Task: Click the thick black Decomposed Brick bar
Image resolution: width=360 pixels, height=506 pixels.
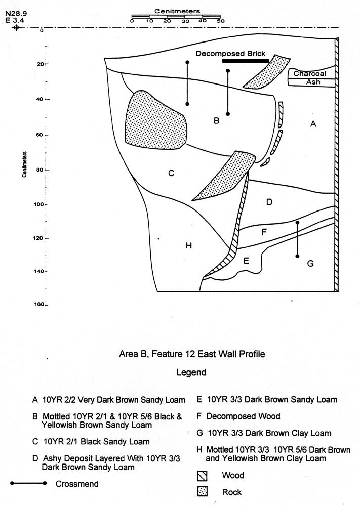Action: pos(246,61)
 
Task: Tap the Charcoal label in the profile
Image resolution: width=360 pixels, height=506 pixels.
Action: pos(310,74)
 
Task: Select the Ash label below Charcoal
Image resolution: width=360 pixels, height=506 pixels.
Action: pos(313,81)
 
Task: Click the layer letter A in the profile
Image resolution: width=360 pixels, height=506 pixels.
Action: pos(313,123)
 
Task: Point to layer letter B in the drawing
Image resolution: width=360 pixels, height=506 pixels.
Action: pos(216,121)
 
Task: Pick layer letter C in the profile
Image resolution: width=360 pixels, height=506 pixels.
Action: pos(171,174)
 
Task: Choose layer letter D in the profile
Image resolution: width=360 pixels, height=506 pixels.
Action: pos(269,202)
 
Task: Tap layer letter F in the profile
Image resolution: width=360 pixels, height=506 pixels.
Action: pos(263,232)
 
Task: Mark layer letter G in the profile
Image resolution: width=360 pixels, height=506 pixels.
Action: pos(310,263)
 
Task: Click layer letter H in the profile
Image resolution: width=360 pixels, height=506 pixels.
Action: pos(188,246)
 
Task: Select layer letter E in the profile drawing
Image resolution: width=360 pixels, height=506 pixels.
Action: pos(246,261)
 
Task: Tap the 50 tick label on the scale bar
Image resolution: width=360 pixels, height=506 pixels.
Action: pos(220,21)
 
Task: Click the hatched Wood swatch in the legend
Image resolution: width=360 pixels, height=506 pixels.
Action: pos(203,476)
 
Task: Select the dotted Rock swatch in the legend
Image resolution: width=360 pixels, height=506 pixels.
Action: pos(203,492)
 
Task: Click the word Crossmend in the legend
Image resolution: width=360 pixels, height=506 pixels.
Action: pos(77,484)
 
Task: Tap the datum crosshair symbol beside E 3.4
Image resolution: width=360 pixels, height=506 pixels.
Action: pos(16,27)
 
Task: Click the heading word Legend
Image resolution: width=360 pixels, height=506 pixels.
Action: pos(191,372)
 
